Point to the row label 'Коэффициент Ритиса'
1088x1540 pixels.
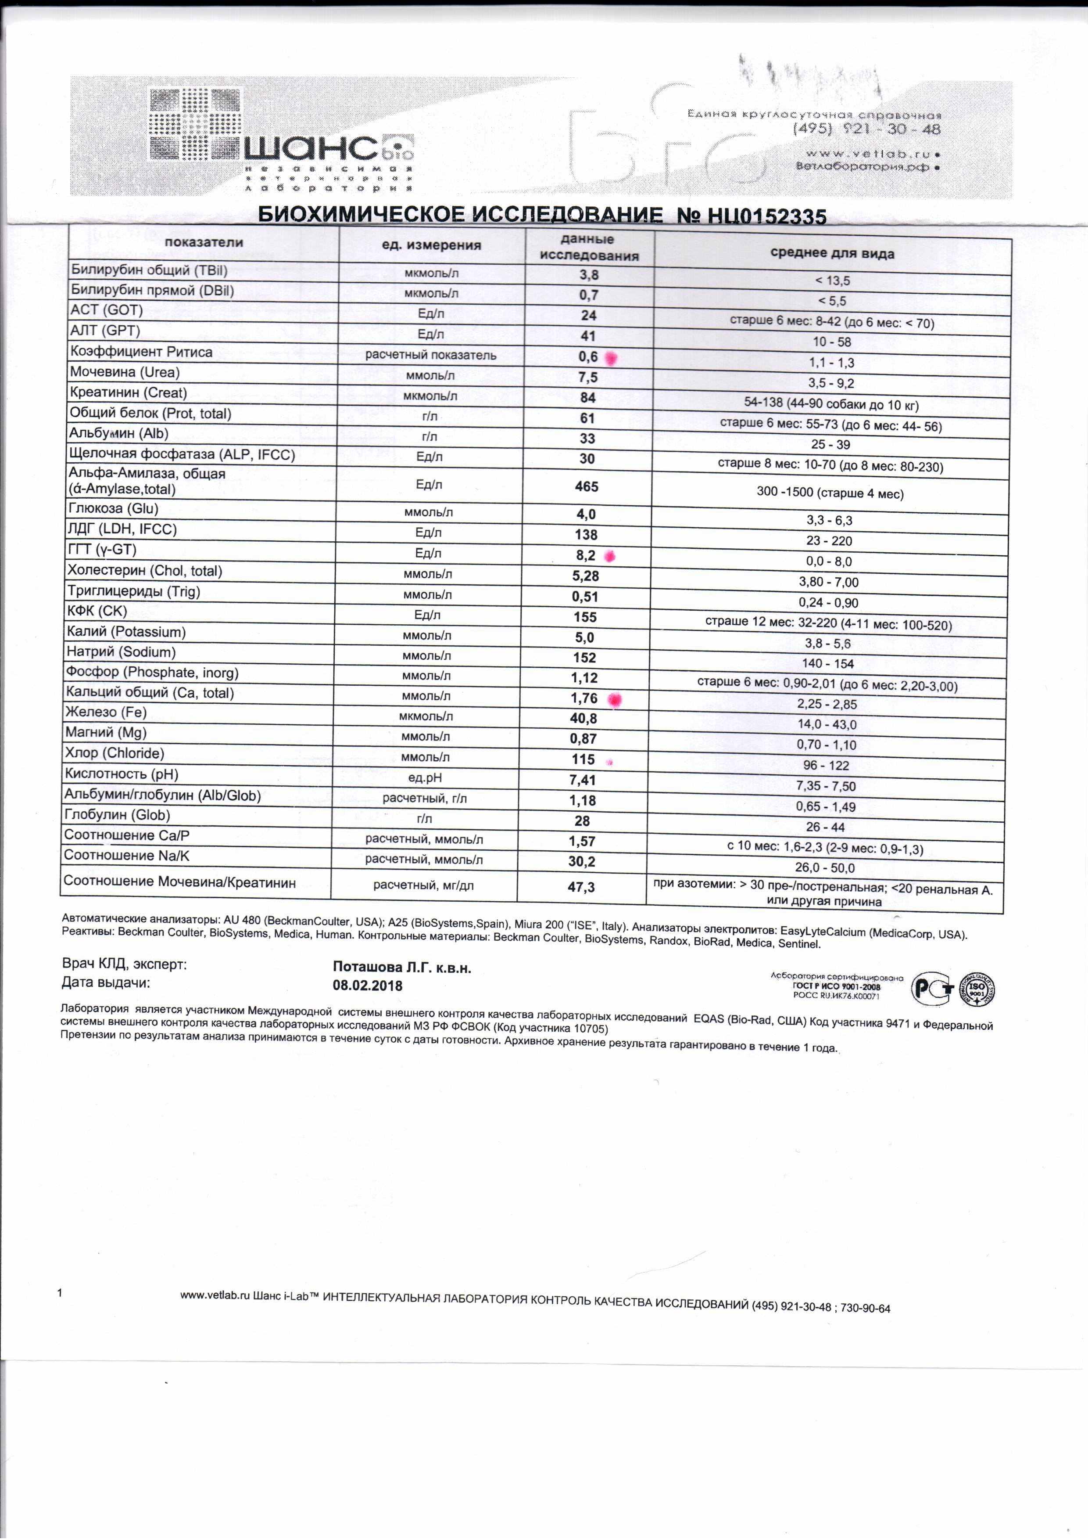click(141, 352)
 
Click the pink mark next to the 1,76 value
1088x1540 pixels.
click(614, 700)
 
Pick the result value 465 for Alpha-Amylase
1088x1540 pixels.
click(587, 486)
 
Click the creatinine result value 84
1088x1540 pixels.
click(588, 398)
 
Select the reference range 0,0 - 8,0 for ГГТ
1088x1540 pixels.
click(829, 561)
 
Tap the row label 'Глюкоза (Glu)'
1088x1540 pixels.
click(113, 508)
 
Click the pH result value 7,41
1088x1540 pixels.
click(583, 780)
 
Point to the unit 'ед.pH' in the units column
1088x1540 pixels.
click(425, 778)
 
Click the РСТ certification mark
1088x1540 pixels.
click(933, 988)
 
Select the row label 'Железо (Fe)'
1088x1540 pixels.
click(106, 712)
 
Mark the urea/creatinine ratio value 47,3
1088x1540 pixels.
click(581, 887)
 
